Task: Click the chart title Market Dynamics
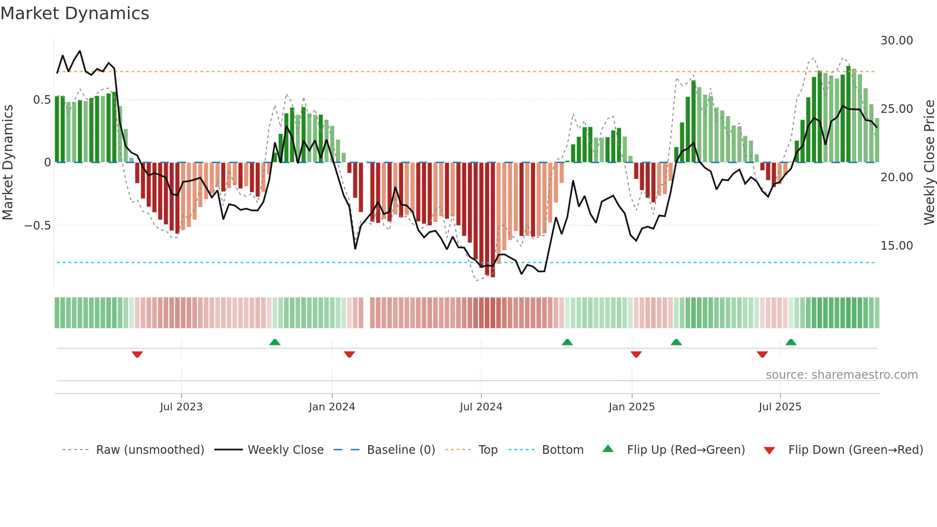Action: pyautogui.click(x=75, y=13)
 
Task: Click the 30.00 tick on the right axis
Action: pyautogui.click(x=896, y=41)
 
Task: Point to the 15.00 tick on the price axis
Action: pyautogui.click(x=896, y=246)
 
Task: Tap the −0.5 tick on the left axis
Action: pyautogui.click(x=37, y=225)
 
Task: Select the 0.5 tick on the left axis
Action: pyautogui.click(x=42, y=100)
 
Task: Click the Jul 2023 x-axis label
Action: pyautogui.click(x=181, y=407)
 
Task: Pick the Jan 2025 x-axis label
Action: pyautogui.click(x=632, y=407)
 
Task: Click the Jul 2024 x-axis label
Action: pyautogui.click(x=481, y=407)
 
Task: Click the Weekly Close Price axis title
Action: pyautogui.click(x=929, y=162)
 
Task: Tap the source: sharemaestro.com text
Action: pyautogui.click(x=841, y=375)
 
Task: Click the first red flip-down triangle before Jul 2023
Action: pyautogui.click(x=137, y=354)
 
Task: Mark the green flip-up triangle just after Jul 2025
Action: pyautogui.click(x=791, y=342)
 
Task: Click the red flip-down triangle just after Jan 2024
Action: pyautogui.click(x=349, y=354)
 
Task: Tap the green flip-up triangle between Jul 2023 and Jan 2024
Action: pyautogui.click(x=275, y=342)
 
